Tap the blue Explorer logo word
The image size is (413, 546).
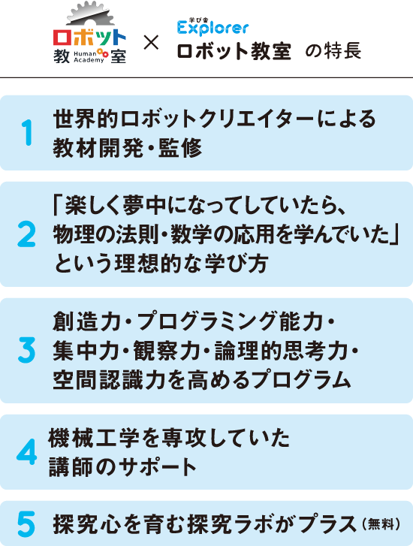pos(213,29)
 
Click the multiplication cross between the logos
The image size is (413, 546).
pos(151,43)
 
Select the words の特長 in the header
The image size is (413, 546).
pos(333,51)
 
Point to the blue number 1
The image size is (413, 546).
pos(27,132)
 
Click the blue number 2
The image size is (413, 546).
pos(26,234)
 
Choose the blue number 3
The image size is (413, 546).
pos(26,350)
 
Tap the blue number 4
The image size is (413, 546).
pos(27,451)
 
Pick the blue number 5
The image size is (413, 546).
pos(26,523)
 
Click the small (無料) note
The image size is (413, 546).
pos(381,524)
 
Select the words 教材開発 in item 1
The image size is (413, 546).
pos(98,148)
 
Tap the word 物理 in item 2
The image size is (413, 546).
pos(74,234)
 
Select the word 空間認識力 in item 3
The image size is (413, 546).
pos(109,379)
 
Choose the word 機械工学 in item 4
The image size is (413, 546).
pos(94,438)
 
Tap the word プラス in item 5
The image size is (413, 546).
pos(328,524)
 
